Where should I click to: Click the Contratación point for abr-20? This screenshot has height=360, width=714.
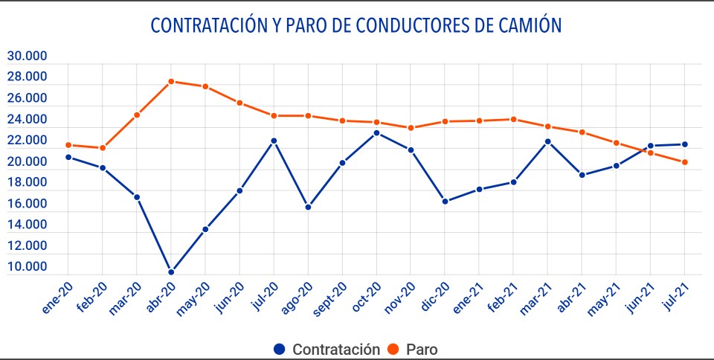171,272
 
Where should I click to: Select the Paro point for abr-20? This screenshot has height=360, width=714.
171,81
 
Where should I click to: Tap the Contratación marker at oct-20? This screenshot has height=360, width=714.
376,133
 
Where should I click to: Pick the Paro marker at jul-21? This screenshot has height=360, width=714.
684,162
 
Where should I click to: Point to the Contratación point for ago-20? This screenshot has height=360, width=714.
308,207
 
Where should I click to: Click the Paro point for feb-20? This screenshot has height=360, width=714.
103,148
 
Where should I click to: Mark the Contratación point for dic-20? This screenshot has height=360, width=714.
445,202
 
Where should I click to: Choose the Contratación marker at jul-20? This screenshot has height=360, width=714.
274,141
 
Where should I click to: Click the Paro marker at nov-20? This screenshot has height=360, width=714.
411,128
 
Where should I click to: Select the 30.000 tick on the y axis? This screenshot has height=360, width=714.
27,56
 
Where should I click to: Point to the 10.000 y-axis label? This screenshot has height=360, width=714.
27,267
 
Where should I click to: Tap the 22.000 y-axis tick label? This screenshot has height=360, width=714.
27,141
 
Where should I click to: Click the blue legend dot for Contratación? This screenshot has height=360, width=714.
279,349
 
